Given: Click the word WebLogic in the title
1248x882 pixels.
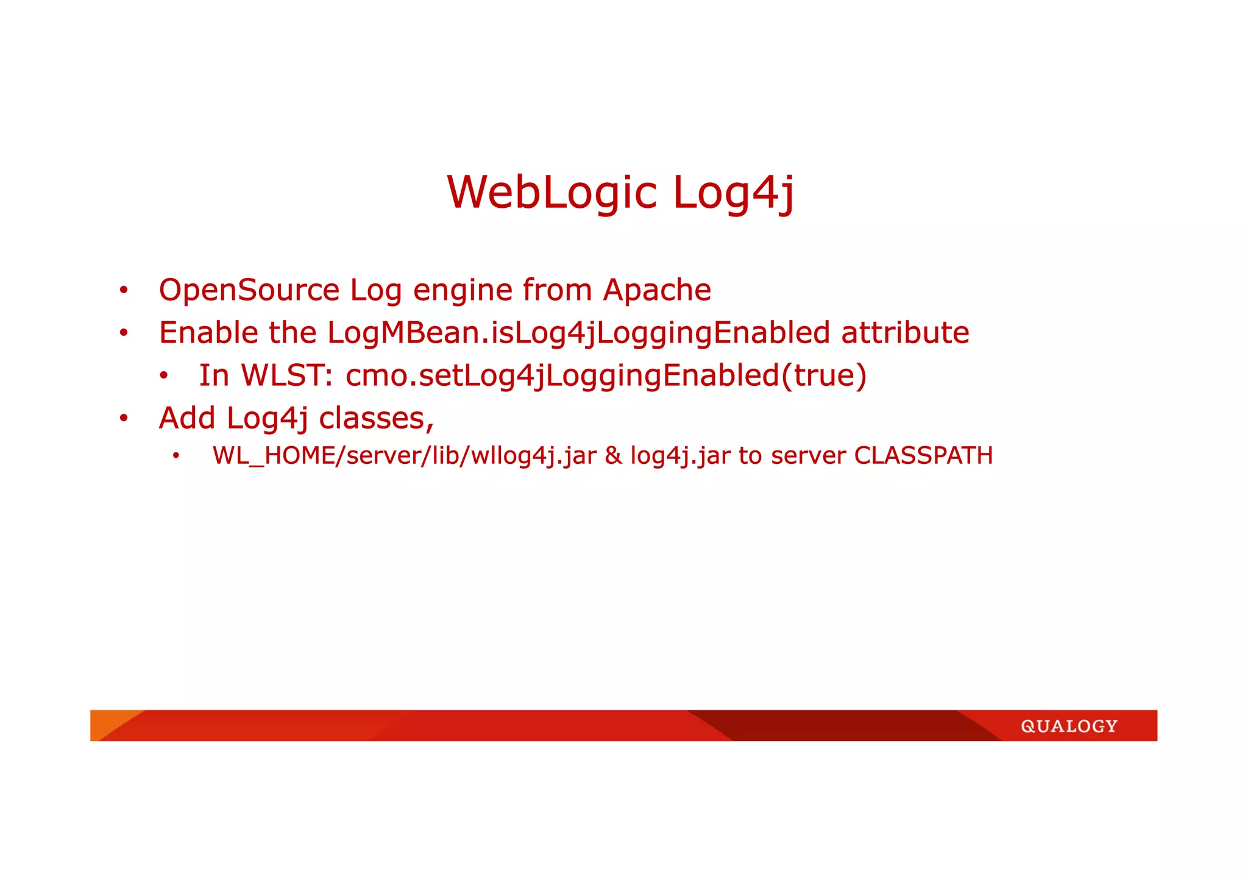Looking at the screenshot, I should pos(551,193).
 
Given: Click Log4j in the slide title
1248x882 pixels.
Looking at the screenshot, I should pos(733,193).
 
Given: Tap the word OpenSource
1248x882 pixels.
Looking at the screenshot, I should pos(249,290).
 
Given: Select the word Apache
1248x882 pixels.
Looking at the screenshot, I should pos(657,290).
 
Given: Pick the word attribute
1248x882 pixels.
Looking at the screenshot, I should pos(905,333).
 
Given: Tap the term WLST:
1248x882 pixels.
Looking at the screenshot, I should pos(287,375).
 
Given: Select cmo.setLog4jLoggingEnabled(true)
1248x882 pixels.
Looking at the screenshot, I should pos(606,375).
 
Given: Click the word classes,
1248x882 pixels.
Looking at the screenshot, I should pos(376,418).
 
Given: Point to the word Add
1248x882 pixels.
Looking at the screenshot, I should pos(187,418).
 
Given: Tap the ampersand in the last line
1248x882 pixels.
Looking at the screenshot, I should pos(613,456).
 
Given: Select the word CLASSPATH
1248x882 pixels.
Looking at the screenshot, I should pos(923,456).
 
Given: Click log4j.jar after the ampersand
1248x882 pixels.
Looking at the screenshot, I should pos(680,456).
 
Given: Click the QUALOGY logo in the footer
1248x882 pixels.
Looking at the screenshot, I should pos(1069,726).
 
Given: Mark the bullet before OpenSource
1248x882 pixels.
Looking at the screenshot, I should pos(124,291).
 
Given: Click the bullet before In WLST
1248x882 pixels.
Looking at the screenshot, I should pos(163,376).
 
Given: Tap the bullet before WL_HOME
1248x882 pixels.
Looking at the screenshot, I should pos(176,456).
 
